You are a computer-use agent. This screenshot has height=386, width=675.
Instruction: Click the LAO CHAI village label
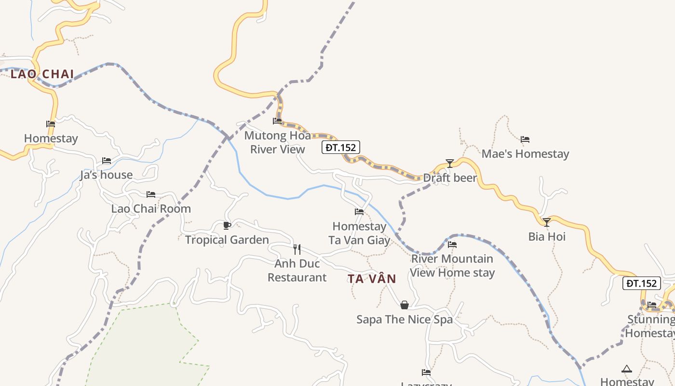click(42, 74)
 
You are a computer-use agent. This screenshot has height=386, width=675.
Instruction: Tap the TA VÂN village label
click(372, 279)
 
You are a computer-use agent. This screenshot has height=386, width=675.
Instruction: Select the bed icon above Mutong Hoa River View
click(277, 121)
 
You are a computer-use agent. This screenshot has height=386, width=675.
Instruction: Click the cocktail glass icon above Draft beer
click(450, 164)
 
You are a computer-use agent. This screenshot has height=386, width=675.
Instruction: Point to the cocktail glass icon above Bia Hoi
click(547, 222)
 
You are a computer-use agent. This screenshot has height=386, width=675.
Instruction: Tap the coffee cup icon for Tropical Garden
click(227, 225)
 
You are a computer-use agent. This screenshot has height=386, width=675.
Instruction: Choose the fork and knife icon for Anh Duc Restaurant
click(297, 249)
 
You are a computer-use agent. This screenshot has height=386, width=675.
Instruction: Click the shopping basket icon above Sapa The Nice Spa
click(405, 305)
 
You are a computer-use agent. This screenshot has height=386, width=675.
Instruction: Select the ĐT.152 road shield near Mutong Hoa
click(341, 147)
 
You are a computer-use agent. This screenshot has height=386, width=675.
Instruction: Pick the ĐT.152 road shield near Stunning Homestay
click(642, 283)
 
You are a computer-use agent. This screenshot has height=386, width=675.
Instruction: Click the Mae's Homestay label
click(525, 154)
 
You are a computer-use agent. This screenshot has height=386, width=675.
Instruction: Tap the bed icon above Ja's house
click(107, 161)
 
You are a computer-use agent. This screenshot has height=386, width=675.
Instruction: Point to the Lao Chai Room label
click(151, 209)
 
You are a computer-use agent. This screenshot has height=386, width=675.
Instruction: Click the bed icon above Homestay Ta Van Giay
click(359, 212)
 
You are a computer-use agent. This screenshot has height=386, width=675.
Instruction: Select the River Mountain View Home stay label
click(452, 266)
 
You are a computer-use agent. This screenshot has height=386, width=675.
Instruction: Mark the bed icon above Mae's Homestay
click(525, 140)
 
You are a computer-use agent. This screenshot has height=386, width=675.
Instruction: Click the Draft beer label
click(450, 178)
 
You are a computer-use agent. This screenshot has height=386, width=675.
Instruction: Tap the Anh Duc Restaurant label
click(297, 271)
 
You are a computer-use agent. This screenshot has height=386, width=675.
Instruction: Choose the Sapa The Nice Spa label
click(405, 319)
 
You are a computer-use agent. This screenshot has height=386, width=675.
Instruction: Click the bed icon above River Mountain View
click(452, 245)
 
